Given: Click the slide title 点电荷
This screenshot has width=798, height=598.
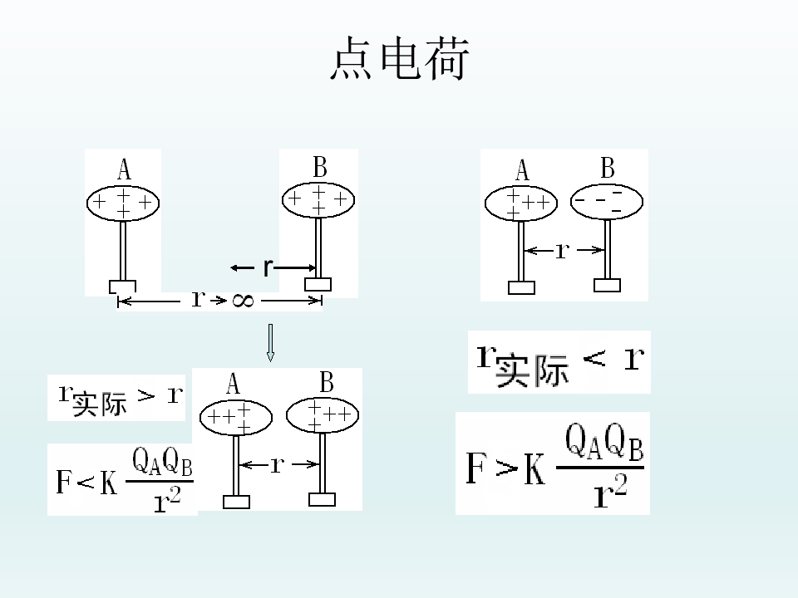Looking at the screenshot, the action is pyautogui.click(x=400, y=58).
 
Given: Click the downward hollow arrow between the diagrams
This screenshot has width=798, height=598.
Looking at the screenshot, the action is pyautogui.click(x=270, y=343).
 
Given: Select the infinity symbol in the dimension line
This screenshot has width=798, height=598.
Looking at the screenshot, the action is pyautogui.click(x=243, y=301).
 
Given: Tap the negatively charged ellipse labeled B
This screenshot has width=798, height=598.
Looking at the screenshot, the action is pyautogui.click(x=607, y=202).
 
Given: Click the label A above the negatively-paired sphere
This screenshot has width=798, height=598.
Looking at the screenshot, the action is pyautogui.click(x=522, y=169).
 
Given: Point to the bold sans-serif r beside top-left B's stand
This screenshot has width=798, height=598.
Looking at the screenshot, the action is pyautogui.click(x=268, y=267).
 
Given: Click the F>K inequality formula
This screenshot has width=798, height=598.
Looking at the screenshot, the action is pyautogui.click(x=554, y=465).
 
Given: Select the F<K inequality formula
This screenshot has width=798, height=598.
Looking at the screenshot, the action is pyautogui.click(x=125, y=479).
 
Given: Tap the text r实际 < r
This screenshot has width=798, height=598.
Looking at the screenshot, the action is pyautogui.click(x=560, y=364).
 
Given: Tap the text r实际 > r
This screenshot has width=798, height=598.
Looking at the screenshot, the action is pyautogui.click(x=120, y=399).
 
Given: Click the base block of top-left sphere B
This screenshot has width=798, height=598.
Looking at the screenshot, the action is pyautogui.click(x=318, y=284).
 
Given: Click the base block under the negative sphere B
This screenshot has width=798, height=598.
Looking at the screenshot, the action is pyautogui.click(x=607, y=285).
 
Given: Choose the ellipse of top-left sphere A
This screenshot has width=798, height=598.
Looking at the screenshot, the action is pyautogui.click(x=123, y=203).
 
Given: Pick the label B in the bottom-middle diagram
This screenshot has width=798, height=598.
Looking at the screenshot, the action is pyautogui.click(x=326, y=382).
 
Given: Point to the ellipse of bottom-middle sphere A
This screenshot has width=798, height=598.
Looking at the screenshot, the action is pyautogui.click(x=235, y=418).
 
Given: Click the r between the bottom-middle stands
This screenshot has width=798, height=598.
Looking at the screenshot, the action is pyautogui.click(x=278, y=464).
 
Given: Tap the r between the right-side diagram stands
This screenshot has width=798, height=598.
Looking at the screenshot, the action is pyautogui.click(x=563, y=250).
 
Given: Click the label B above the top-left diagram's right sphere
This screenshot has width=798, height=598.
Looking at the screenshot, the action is pyautogui.click(x=319, y=167).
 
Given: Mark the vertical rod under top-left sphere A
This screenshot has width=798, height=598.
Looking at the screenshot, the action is pyautogui.click(x=123, y=250).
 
